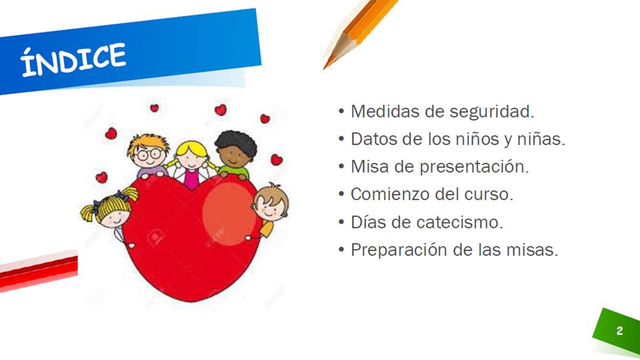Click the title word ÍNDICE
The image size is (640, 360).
73,59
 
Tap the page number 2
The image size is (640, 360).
619,331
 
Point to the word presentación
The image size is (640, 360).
474,167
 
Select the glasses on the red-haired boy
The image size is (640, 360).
149,155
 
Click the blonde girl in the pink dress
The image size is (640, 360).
191,164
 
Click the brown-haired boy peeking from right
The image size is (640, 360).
270,207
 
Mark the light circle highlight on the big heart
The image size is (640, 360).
229,214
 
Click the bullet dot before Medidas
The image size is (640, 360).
341,111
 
